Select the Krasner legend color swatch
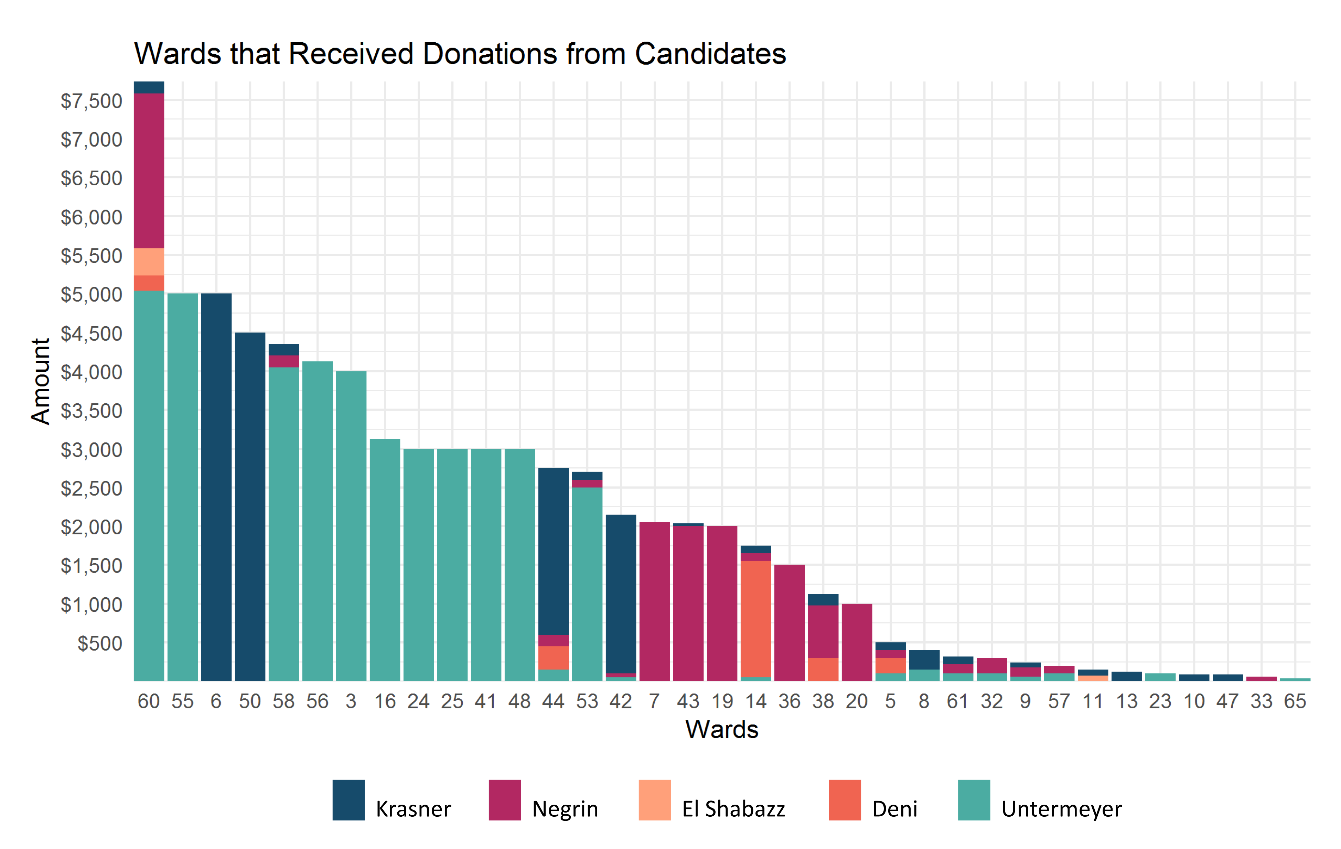(x=348, y=800)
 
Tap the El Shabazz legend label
(x=733, y=809)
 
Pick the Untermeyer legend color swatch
(x=974, y=800)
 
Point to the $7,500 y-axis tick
(x=91, y=101)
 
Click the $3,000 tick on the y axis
(x=91, y=450)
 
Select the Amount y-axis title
(x=41, y=381)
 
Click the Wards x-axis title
(x=722, y=729)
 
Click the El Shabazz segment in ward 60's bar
(x=149, y=262)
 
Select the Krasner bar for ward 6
(x=216, y=487)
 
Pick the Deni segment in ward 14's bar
(x=756, y=618)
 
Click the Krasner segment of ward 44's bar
(x=553, y=551)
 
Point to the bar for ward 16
(x=385, y=559)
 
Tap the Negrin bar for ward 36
(x=789, y=622)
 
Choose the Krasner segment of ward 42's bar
(x=620, y=593)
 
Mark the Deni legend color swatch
(x=845, y=800)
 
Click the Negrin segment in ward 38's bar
(x=823, y=632)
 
